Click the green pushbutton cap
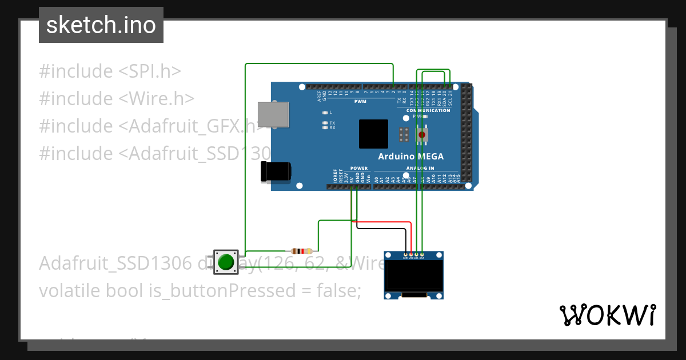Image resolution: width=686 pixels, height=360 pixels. click(226, 262)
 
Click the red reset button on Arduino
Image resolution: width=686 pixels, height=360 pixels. click(422, 134)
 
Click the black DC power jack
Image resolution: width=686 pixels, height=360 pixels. click(275, 171)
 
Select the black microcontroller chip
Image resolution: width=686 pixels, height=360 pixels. click(373, 134)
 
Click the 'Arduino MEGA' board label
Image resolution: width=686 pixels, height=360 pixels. click(410, 157)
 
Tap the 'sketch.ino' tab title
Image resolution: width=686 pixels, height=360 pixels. click(101, 25)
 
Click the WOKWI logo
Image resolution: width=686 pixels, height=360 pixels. click(607, 315)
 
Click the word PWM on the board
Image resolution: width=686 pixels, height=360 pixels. click(360, 101)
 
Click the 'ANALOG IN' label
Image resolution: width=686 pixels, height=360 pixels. click(420, 168)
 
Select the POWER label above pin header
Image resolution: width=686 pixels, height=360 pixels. click(358, 168)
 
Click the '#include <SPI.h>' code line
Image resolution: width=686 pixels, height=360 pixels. click(110, 71)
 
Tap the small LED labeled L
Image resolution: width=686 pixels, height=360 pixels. click(325, 113)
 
